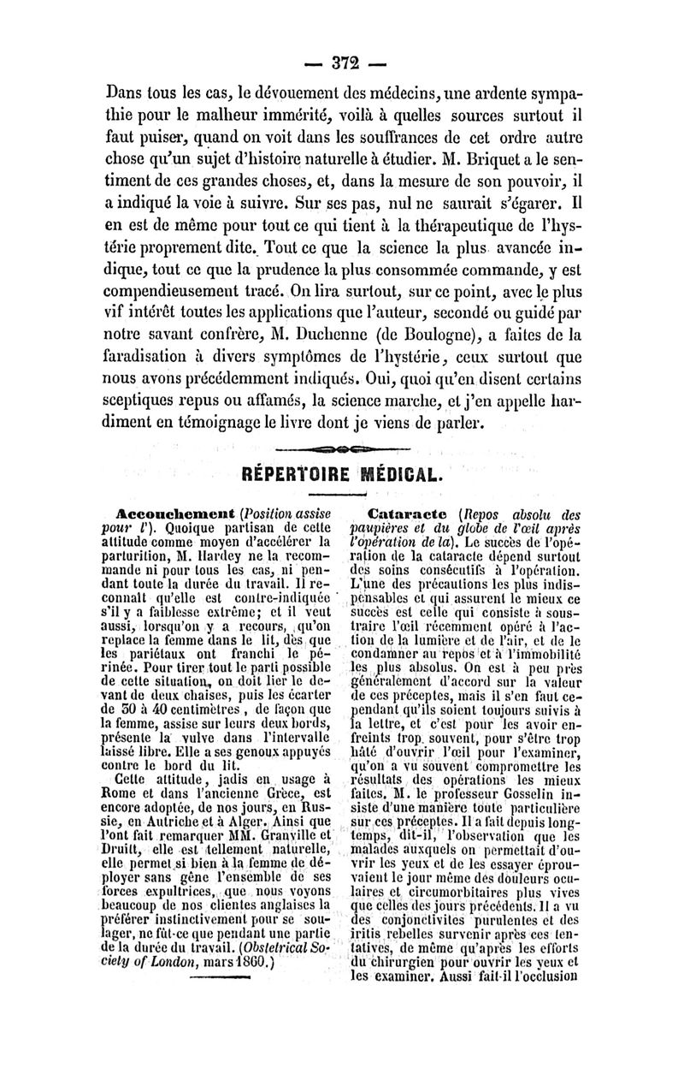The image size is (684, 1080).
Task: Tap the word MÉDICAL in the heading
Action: coord(399,472)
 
